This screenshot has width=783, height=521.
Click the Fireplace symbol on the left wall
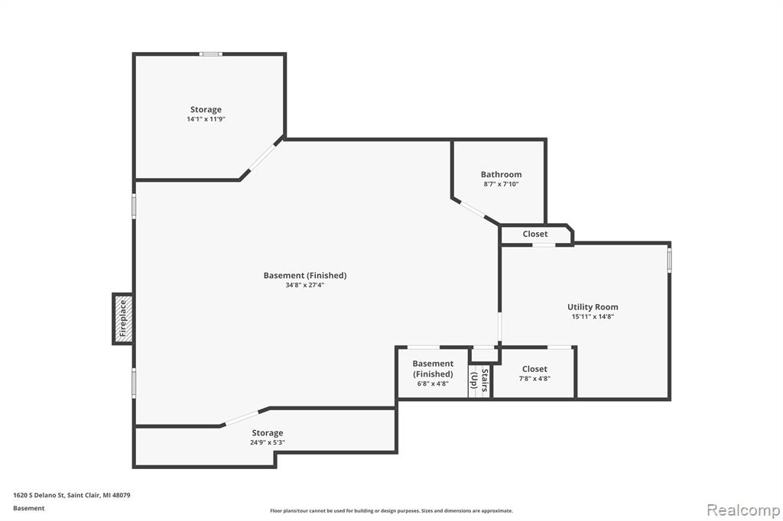pos(123,319)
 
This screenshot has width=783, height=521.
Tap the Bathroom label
pos(501,174)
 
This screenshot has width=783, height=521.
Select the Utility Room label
pos(593,307)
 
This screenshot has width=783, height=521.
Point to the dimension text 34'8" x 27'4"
pos(304,285)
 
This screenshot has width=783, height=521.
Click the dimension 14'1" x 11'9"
pos(206,118)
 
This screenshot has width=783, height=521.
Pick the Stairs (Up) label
pos(479,380)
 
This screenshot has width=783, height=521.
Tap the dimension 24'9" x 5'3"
pos(267,442)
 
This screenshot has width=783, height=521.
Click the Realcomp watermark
pos(743,510)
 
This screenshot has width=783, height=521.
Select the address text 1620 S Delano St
pos(39,495)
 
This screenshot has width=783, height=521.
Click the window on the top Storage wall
pos(211,54)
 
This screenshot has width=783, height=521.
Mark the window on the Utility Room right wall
pos(670,260)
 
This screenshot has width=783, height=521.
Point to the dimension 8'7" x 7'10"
pos(501,183)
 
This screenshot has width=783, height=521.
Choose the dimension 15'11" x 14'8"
pos(593,316)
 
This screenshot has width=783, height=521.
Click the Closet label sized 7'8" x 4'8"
pos(534,369)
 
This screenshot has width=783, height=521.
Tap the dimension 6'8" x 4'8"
pos(433,383)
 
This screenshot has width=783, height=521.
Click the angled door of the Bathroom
pos(473,209)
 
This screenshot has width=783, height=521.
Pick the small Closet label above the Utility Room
pos(534,234)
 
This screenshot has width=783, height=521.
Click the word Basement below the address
pos(28,508)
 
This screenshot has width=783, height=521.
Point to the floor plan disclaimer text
pos(391,510)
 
